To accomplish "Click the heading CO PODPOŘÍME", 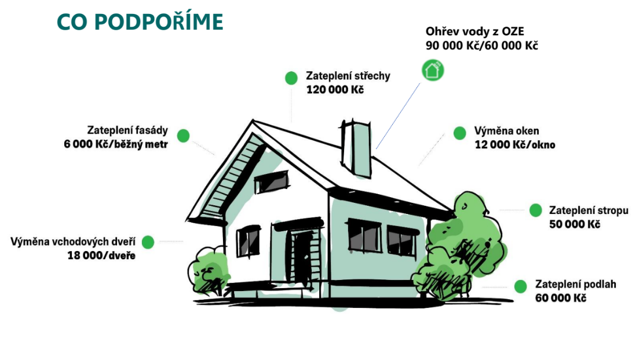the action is pyautogui.click(x=140, y=22).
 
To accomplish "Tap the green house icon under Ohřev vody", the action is pyautogui.click(x=433, y=70).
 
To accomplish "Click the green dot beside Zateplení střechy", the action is pyautogui.click(x=291, y=78).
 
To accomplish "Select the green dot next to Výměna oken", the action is pyautogui.click(x=460, y=133).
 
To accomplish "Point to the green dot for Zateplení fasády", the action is pyautogui.click(x=183, y=136).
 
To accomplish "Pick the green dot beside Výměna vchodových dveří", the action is pyautogui.click(x=148, y=242).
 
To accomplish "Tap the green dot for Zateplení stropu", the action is pyautogui.click(x=536, y=210).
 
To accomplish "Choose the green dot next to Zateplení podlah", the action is pyautogui.click(x=520, y=286).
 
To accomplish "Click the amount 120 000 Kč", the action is pyautogui.click(x=335, y=89).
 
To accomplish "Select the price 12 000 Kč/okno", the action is pyautogui.click(x=515, y=144).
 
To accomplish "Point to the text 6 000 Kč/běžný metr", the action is pyautogui.click(x=116, y=144).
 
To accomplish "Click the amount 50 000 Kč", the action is pyautogui.click(x=575, y=224).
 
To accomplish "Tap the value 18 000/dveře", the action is pyautogui.click(x=101, y=255).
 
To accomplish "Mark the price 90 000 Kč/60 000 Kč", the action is pyautogui.click(x=481, y=45).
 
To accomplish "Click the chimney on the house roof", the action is pyautogui.click(x=356, y=148).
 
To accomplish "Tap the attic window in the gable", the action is pyautogui.click(x=272, y=182).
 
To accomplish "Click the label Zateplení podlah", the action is pyautogui.click(x=575, y=284).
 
